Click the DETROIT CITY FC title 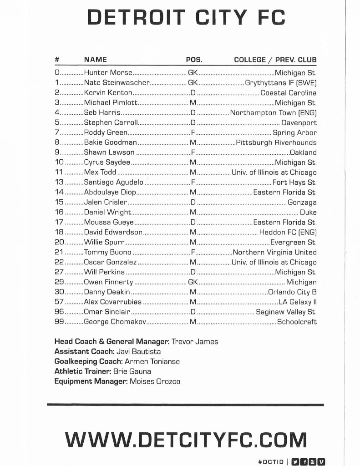click(x=186, y=18)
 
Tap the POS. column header click(x=194, y=60)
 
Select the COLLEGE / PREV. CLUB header click(x=275, y=60)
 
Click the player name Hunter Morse click(x=108, y=73)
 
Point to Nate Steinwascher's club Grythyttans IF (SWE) click(x=280, y=83)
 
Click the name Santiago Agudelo click(x=114, y=182)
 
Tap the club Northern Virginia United click(x=274, y=253)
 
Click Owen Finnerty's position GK click(x=193, y=282)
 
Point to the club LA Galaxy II click(x=298, y=302)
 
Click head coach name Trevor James click(x=195, y=341)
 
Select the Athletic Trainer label click(x=82, y=371)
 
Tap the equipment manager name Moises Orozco click(x=155, y=381)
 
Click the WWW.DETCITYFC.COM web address click(x=186, y=440)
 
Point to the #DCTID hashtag click(x=270, y=461)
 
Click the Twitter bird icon click(x=295, y=461)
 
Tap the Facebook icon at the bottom click(x=304, y=461)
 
